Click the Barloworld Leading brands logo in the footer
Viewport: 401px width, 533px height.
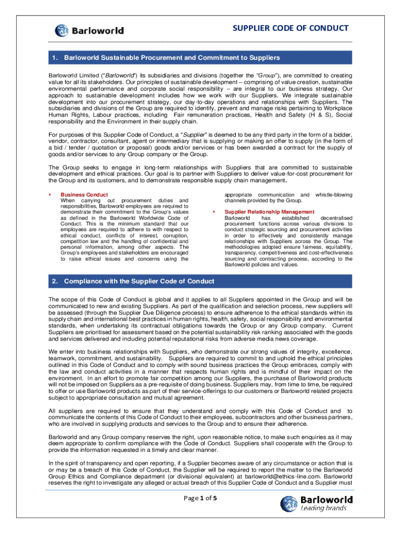click(317, 504)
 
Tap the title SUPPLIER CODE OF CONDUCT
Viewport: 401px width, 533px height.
click(291, 28)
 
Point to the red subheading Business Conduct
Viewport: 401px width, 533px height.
click(84, 195)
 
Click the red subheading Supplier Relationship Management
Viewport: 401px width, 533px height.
click(269, 212)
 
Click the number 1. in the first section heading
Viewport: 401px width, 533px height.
click(55, 57)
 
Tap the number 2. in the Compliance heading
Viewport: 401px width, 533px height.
click(55, 281)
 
